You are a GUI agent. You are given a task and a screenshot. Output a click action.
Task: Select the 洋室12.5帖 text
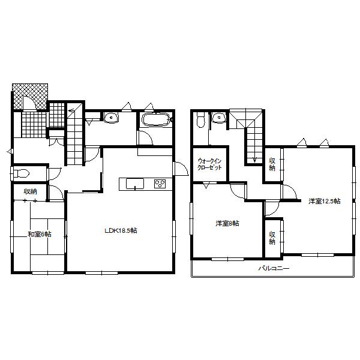click(x=325, y=201)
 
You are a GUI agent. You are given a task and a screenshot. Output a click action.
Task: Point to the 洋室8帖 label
click(x=227, y=223)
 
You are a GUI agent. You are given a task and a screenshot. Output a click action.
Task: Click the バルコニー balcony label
click(x=274, y=269)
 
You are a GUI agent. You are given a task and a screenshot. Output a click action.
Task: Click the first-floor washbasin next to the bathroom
click(x=110, y=118)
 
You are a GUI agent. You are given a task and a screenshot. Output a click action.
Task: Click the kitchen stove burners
click(x=160, y=183)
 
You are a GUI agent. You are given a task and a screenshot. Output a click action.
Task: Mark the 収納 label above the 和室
click(x=30, y=191)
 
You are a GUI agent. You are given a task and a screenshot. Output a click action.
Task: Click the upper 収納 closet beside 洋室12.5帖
click(x=272, y=164)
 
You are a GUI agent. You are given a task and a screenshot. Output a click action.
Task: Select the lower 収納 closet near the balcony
click(x=272, y=238)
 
